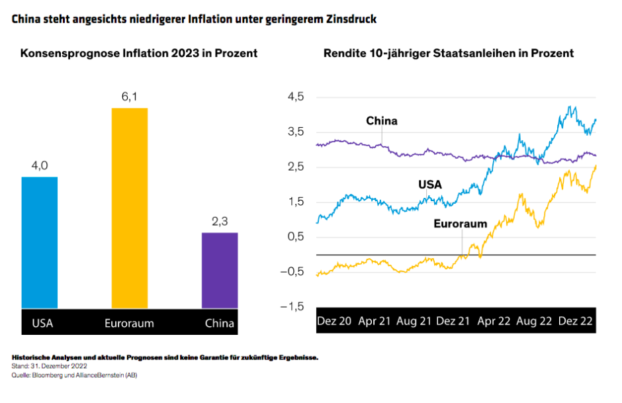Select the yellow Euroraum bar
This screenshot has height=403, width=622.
pyautogui.click(x=129, y=208)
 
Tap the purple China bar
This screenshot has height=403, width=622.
pyautogui.click(x=219, y=270)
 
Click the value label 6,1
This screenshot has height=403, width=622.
pyautogui.click(x=129, y=97)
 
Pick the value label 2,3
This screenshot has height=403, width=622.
pyautogui.click(x=219, y=222)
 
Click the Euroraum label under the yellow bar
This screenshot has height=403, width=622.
pyautogui.click(x=129, y=324)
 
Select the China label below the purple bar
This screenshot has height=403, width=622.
pyautogui.click(x=219, y=324)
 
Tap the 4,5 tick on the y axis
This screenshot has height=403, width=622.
pyautogui.click(x=295, y=97)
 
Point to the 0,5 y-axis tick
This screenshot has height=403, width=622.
pyautogui.click(x=295, y=237)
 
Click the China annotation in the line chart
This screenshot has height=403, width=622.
pyautogui.click(x=382, y=121)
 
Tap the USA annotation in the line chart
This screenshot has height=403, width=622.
pyautogui.click(x=430, y=185)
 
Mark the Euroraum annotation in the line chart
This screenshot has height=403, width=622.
pyautogui.click(x=460, y=224)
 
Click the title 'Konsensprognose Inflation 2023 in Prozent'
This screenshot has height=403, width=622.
pyautogui.click(x=139, y=53)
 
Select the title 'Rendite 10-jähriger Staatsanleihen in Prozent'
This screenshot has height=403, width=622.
pyautogui.click(x=449, y=53)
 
